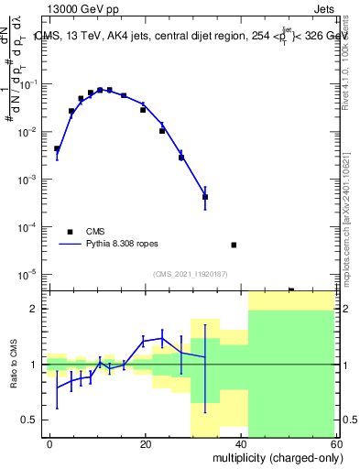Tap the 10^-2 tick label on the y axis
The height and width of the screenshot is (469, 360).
(x=32, y=132)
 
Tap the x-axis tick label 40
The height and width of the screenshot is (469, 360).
(x=241, y=443)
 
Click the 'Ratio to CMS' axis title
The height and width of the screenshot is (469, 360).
(x=13, y=378)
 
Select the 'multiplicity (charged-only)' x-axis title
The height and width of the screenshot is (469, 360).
(x=274, y=457)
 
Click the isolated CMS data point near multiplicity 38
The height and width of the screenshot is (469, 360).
(x=234, y=245)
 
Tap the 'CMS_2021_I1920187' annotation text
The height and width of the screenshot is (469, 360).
(x=190, y=273)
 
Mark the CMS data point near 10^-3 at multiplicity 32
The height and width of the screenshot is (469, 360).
(x=205, y=197)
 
